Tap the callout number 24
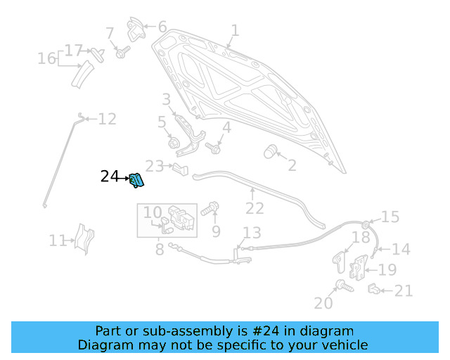point(110,176)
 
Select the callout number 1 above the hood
point(235,30)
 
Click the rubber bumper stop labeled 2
point(271,151)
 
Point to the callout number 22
point(255,209)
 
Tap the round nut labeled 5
point(174,143)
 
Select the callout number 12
point(107,119)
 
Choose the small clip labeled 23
point(181,168)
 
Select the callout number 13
point(252,233)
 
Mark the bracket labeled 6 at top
point(136,30)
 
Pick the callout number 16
point(46,58)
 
